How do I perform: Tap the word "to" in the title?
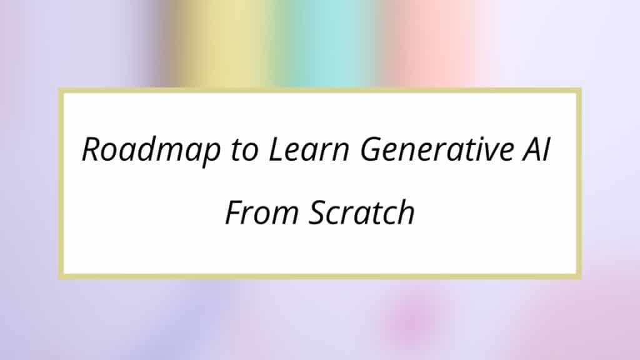click(244, 149)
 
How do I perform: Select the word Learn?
click(309, 149)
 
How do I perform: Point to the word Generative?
click(436, 149)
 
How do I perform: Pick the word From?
click(262, 212)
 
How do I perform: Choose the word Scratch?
click(362, 211)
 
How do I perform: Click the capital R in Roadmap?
click(93, 149)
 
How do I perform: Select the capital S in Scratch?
click(319, 212)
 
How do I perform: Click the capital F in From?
click(235, 212)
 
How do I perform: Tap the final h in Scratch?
click(404, 211)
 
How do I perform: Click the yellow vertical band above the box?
click(222, 43)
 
